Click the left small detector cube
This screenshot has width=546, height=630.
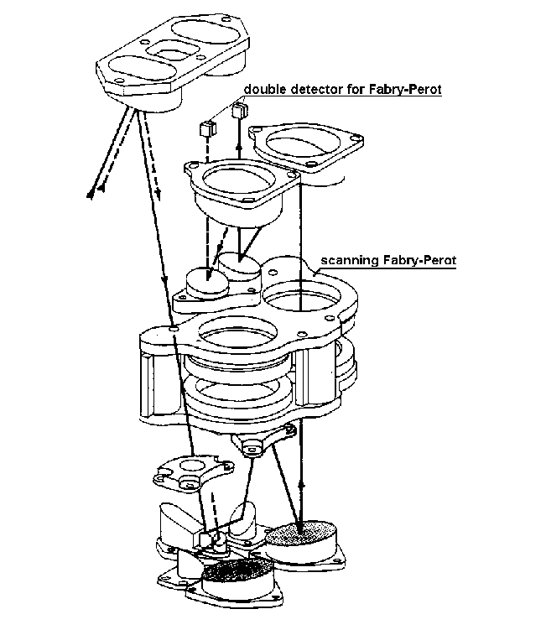point(208,128)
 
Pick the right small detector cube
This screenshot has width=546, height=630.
point(240,110)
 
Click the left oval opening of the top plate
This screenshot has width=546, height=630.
point(142,68)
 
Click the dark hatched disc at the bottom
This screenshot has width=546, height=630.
point(237,571)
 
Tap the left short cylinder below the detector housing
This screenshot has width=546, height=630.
point(207,282)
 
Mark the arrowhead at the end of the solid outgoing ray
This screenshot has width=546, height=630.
point(90,195)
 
